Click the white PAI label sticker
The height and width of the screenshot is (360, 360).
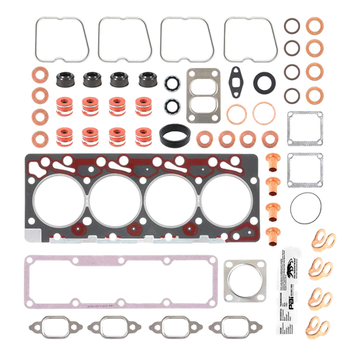(297, 288)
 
